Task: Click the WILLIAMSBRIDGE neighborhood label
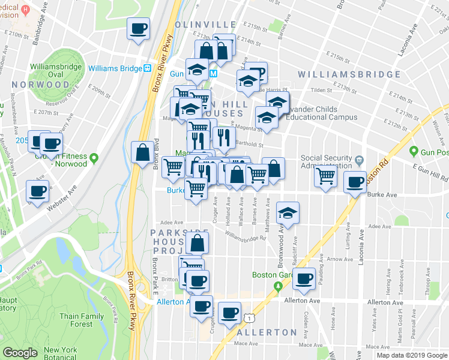[x=349, y=74]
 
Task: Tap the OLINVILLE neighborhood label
[x=206, y=25]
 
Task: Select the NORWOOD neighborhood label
[x=40, y=85]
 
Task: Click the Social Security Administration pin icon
[x=359, y=160]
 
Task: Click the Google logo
[x=20, y=353]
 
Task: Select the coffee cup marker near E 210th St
[x=139, y=28]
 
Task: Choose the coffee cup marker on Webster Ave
[x=37, y=192]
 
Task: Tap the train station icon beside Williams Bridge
[x=146, y=68]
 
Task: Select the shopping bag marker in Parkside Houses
[x=197, y=244]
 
